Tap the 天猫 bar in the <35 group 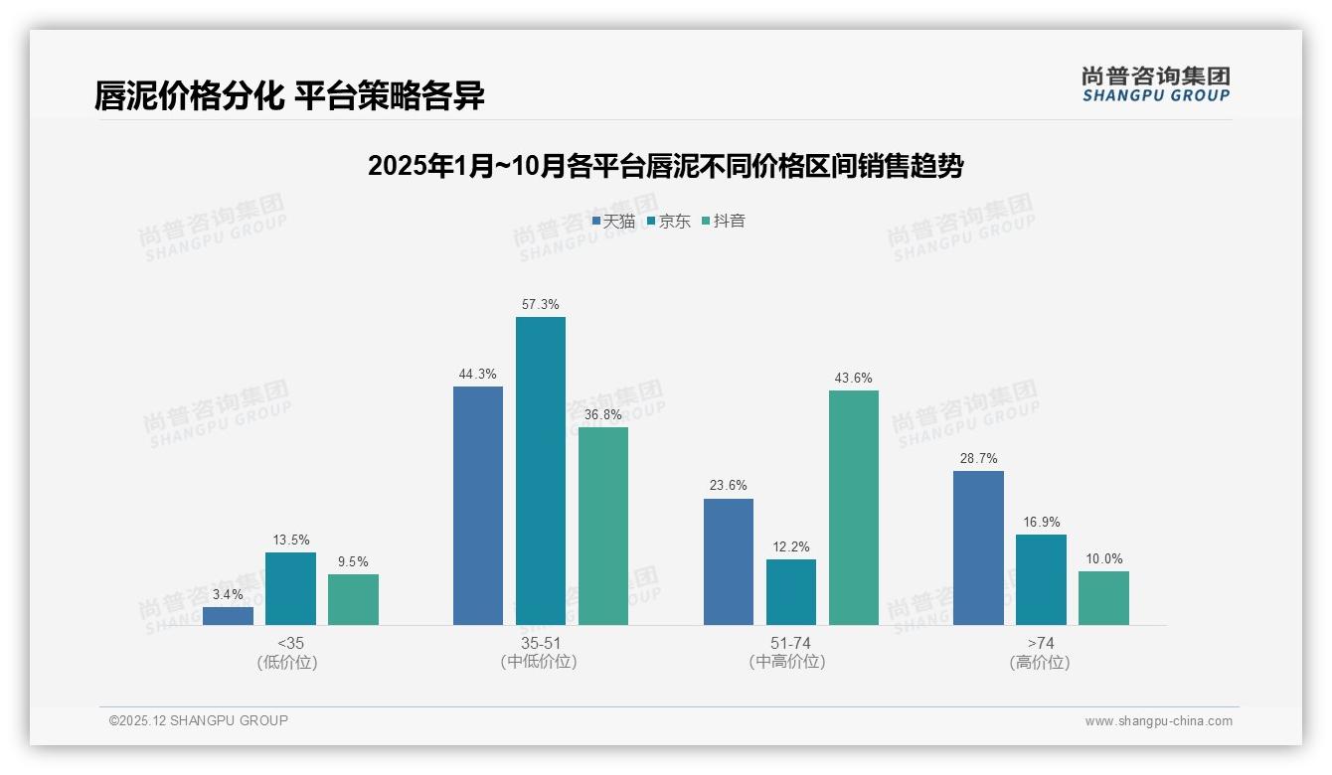coord(228,615)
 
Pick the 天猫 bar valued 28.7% coord(978,547)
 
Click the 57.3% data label coord(540,304)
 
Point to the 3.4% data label coord(228,594)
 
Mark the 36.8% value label coord(602,414)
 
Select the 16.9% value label coord(1041,522)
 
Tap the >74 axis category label coord(1040,643)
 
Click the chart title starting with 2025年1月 coord(665,166)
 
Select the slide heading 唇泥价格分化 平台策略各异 coord(289,95)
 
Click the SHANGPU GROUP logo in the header coord(1155,84)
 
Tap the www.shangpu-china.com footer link coord(1158,721)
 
